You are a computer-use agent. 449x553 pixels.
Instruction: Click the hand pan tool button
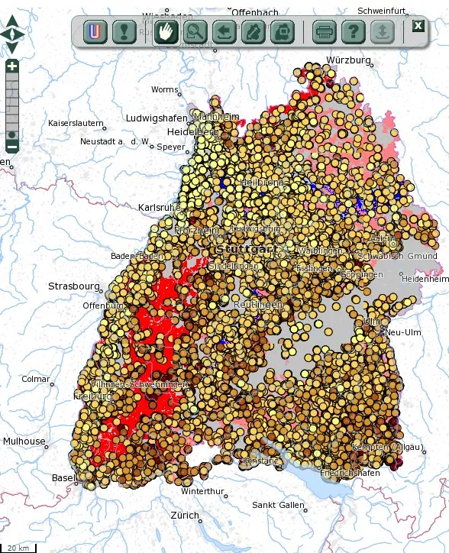click(164, 32)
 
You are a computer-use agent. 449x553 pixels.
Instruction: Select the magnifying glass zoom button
click(195, 32)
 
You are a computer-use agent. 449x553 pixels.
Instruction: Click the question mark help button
click(351, 32)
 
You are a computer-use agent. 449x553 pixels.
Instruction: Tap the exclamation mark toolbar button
click(123, 32)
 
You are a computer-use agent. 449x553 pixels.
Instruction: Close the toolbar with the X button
click(418, 25)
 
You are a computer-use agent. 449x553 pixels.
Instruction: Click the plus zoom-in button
click(12, 66)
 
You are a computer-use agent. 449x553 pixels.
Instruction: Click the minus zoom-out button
click(12, 146)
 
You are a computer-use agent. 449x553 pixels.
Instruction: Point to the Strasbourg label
click(74, 286)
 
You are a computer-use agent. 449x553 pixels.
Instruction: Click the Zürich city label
click(185, 515)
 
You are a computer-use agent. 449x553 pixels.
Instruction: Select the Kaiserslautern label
click(76, 123)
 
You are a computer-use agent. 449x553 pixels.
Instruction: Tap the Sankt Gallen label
click(278, 505)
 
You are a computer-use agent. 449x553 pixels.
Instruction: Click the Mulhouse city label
click(24, 441)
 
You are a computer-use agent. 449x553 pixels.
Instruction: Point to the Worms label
click(164, 90)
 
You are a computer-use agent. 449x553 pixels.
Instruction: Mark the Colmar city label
click(35, 379)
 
